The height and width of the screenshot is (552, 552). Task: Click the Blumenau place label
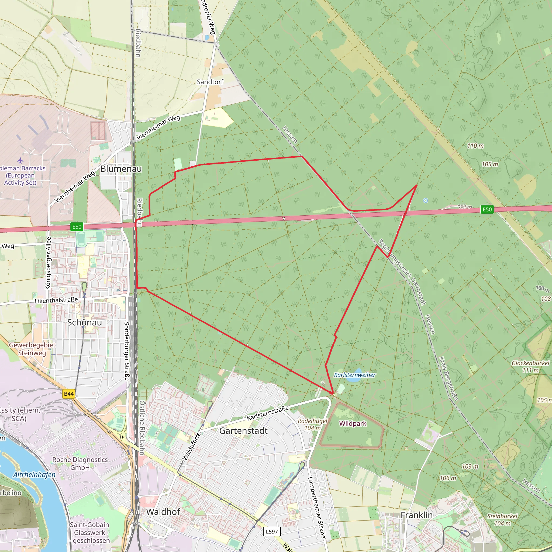click(x=121, y=169)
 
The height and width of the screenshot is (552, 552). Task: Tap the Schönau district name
click(x=85, y=323)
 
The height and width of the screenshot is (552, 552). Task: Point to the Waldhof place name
click(x=163, y=512)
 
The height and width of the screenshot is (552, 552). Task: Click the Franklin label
click(x=417, y=515)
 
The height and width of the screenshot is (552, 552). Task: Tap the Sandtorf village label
click(x=210, y=82)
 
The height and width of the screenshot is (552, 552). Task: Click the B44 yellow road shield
click(x=69, y=394)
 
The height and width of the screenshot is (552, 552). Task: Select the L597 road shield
click(x=271, y=532)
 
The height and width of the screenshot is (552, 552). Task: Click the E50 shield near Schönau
click(x=77, y=227)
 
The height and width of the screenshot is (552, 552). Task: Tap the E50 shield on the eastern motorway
click(x=487, y=209)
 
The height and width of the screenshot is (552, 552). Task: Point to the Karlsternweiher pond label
click(x=355, y=375)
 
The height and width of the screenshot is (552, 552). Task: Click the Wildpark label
click(x=353, y=424)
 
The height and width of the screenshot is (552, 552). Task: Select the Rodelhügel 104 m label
click(x=313, y=424)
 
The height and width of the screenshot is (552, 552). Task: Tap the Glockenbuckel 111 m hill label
click(x=530, y=367)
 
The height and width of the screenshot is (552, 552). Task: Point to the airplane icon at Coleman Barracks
click(x=20, y=160)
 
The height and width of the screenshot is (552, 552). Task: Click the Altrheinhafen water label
click(x=34, y=475)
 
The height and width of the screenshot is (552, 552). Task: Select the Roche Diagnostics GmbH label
click(x=80, y=463)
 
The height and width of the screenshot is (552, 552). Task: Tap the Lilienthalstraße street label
click(x=56, y=300)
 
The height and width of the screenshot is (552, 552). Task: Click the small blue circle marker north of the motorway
click(x=425, y=201)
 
